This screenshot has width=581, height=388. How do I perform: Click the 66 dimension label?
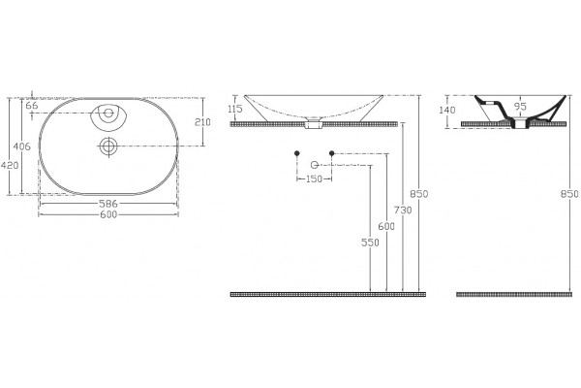pos(32,106)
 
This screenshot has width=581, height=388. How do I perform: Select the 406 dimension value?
pos(22,146)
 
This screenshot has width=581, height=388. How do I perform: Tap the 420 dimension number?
pos(10,165)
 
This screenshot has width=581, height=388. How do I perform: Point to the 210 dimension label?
pos(202,122)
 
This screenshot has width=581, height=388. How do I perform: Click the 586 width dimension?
pos(107,204)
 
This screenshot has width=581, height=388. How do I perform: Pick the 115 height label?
pos(235,109)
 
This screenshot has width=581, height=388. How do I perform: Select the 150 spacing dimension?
pos(314,178)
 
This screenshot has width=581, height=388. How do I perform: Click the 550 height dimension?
pos(370,242)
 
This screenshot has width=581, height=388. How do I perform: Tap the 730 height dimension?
pos(403,210)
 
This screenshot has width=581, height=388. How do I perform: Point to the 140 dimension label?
pos(447,110)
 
